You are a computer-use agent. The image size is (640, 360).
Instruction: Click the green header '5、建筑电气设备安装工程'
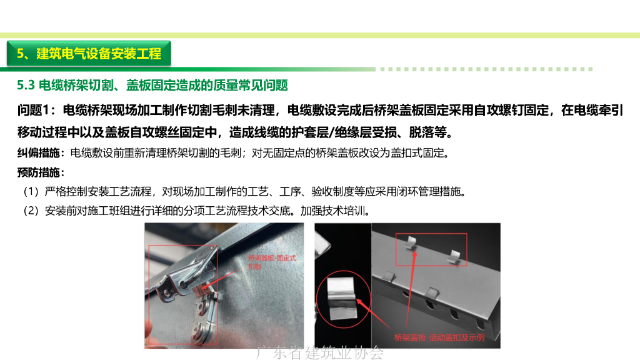click(x=89, y=54)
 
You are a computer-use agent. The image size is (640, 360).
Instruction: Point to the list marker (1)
click(x=31, y=191)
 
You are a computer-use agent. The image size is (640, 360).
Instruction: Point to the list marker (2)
click(x=31, y=211)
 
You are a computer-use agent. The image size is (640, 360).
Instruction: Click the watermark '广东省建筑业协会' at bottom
click(x=320, y=353)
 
